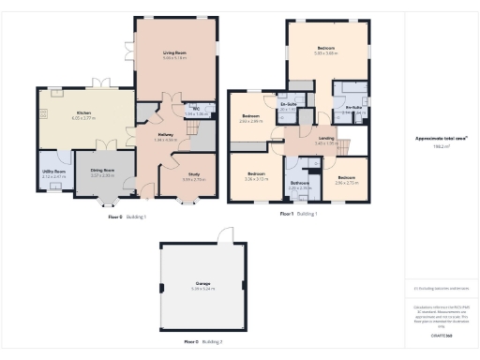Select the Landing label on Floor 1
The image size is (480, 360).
coord(325,139)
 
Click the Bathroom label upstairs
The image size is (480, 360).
coord(299,183)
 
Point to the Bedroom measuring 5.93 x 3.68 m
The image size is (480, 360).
coord(325,48)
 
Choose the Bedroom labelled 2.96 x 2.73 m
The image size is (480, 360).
coord(346,177)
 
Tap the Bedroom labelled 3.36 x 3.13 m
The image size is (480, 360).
coord(256,174)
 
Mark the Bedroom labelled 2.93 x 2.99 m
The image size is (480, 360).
coord(249,118)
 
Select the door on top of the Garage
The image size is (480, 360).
coord(222,234)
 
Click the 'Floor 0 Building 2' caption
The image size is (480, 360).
coord(203,341)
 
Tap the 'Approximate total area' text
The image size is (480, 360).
coord(441,139)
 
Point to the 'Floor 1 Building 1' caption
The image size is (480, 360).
coord(299,214)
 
